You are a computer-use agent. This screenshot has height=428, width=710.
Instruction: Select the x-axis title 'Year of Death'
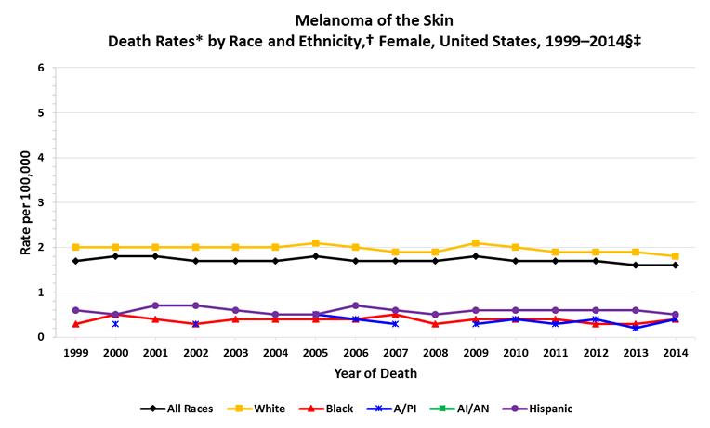pos(375,373)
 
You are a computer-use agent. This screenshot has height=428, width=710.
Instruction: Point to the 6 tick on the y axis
pos(40,69)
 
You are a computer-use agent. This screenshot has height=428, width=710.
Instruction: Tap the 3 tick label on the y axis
pos(40,202)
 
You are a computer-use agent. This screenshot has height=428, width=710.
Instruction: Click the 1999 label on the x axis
pos(75,353)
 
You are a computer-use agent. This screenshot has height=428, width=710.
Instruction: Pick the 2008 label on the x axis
pos(435,353)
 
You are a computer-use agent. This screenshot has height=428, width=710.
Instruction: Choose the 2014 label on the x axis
pos(675,353)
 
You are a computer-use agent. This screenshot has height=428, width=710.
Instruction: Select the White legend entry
pos(263,409)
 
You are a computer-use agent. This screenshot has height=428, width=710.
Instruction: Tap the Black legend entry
pos(332,409)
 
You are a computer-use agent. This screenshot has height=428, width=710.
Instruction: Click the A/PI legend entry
pos(400,409)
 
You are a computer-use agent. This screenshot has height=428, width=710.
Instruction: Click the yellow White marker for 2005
pos(315,243)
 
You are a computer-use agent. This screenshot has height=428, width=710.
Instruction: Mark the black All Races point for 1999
pos(75,261)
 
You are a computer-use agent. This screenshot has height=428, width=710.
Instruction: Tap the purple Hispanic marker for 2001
pos(155,305)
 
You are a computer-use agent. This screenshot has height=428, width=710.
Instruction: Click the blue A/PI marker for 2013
pos(635,328)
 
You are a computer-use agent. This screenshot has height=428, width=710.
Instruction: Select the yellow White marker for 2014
pos(675,256)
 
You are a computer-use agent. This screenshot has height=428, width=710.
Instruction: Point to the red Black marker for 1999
pos(75,324)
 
